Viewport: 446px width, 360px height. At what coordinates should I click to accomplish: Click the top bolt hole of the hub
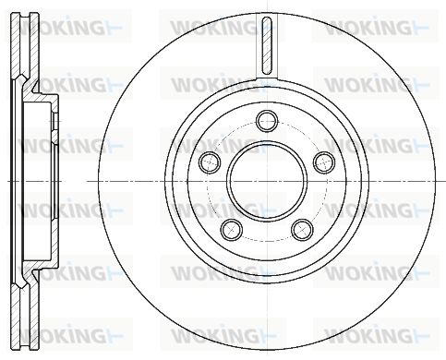[267, 121]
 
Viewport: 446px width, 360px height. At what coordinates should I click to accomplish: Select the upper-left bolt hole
[210, 162]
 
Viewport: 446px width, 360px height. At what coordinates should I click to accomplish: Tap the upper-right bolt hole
[324, 162]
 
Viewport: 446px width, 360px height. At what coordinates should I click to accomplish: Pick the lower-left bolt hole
[232, 230]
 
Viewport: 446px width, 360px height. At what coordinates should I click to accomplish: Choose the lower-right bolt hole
[303, 230]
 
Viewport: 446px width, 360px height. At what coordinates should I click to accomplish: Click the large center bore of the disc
[267, 181]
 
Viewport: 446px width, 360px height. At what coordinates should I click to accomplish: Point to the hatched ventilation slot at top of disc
[267, 45]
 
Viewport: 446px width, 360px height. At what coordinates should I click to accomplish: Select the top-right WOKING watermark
[376, 27]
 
